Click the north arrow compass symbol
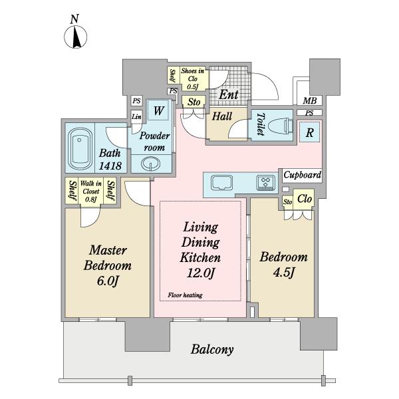pos(75,37)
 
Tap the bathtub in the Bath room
pos(80,149)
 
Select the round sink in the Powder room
pos(151,164)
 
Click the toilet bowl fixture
pos(286,125)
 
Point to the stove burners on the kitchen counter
pos(266,183)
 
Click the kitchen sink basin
pos(221,182)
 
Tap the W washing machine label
pos(159,110)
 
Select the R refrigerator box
pos(309,132)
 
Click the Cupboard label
pos(303,175)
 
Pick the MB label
pos(310,101)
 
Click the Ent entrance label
pos(229,95)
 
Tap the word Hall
pos(222,116)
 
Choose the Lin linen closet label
pos(136,117)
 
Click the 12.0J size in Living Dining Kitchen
pos(201,273)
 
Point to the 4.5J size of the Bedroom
pos(284,273)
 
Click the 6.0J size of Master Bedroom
pos(108,281)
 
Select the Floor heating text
pos(185,295)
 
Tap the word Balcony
pos(212,349)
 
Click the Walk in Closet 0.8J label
pos(91,191)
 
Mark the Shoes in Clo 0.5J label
pos(192,78)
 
